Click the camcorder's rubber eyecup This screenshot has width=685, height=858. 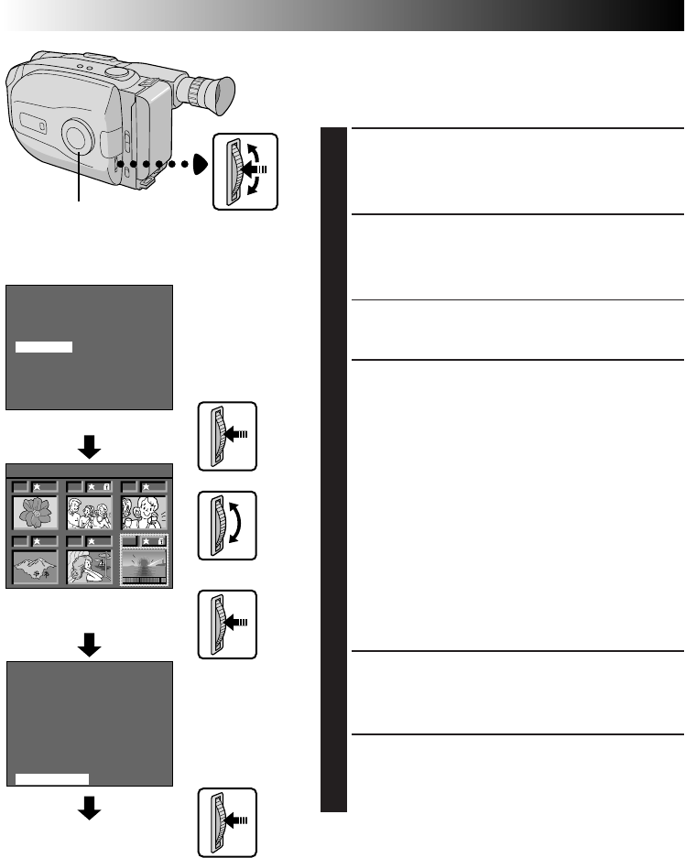[216, 92]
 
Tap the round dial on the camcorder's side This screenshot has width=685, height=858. [79, 136]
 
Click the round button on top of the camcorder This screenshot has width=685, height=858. [115, 71]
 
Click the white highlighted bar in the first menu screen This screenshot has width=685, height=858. [44, 347]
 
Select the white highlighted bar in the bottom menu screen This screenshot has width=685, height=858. [52, 777]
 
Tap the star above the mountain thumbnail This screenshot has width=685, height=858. [37, 540]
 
